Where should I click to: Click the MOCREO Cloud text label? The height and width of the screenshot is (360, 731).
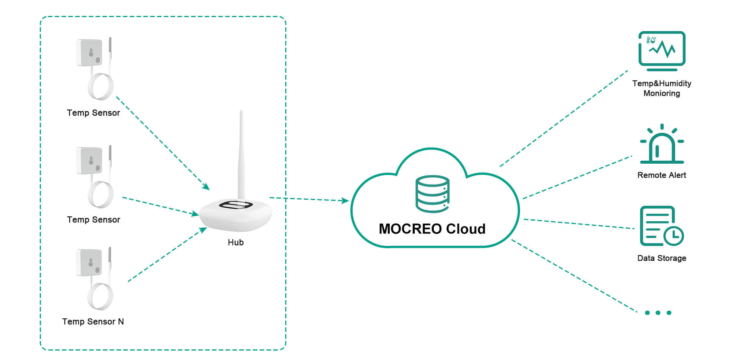coord(432,229)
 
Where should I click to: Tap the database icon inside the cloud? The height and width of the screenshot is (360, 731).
coord(432,194)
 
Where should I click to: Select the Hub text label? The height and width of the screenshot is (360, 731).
coord(235,243)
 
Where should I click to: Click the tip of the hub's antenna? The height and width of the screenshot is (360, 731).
coord(241,112)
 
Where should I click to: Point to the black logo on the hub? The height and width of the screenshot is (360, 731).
coord(236,205)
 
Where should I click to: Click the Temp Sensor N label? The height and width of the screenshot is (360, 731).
coord(93,322)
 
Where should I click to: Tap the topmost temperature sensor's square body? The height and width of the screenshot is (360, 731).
coord(89,53)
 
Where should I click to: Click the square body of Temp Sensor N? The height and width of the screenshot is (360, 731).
coord(89,262)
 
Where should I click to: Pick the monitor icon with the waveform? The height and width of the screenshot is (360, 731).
coord(662,50)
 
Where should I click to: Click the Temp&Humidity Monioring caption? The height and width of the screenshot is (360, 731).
coord(662,88)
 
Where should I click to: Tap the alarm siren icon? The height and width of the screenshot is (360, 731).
coord(662,146)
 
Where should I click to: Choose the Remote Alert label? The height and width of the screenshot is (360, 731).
coord(662,175)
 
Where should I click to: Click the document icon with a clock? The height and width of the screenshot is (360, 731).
coord(661,226)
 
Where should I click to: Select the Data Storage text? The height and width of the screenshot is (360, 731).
coord(662,258)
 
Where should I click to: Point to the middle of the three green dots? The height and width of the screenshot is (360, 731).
coord(658,313)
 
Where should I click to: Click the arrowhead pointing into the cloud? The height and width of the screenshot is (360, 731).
coord(345,200)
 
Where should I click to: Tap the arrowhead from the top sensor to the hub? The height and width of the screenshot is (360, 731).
coord(206,186)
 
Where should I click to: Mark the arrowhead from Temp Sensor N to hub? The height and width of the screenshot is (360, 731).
coord(203,229)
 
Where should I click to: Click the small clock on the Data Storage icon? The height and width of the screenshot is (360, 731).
coord(673,236)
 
